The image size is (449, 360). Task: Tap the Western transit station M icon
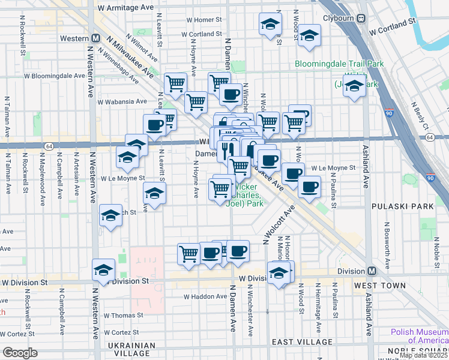pos(95,38)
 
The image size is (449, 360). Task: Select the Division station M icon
pos(372,271)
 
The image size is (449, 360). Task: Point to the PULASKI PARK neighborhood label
pos(411,206)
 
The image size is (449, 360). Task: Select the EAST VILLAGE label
pos(301,341)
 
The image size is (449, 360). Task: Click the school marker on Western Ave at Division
pos(103,271)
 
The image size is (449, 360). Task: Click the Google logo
pos(20,353)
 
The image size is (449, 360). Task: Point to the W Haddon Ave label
pos(203,296)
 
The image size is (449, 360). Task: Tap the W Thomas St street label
pos(123,314)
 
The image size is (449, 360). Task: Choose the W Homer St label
pos(204,19)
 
